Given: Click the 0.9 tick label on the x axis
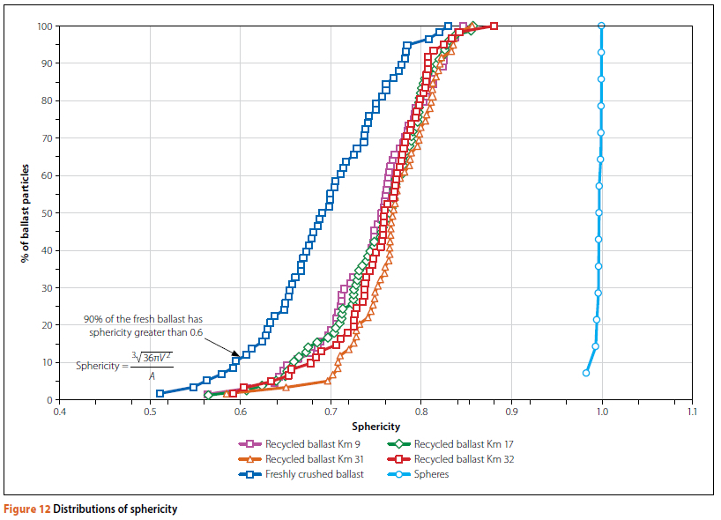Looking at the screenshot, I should click(511, 411).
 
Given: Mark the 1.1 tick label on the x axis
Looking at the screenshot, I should click(692, 411).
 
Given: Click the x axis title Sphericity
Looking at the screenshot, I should click(375, 426).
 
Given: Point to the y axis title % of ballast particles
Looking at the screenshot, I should click(27, 213).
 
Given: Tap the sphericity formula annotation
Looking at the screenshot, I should click(124, 365).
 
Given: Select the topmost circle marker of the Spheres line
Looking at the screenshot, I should click(601, 26).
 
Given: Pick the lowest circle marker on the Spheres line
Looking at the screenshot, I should click(586, 373).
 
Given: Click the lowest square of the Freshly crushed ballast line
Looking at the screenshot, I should click(160, 394).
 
